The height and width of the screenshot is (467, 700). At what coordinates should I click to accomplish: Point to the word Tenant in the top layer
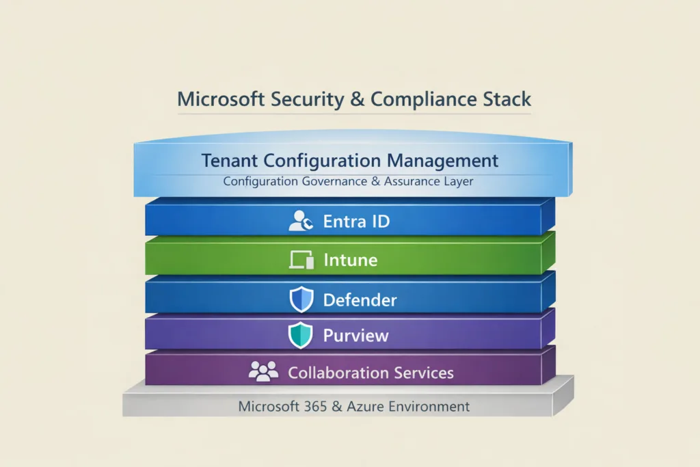point(229,161)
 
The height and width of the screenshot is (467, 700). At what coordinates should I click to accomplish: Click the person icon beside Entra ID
point(300,221)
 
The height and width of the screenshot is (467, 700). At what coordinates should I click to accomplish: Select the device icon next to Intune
point(301,260)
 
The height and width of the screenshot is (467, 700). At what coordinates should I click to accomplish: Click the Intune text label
point(350,261)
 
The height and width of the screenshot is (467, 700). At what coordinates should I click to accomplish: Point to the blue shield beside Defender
point(301,299)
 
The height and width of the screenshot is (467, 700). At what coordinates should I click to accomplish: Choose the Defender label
point(360,299)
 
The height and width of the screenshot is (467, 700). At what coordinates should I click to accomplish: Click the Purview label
point(355,336)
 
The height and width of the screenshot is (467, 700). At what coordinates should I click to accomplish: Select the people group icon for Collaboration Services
point(263,371)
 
